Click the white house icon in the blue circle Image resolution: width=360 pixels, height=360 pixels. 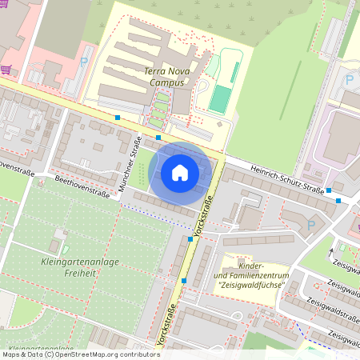(180, 171)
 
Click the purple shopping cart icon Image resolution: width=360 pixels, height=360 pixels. (6, 69)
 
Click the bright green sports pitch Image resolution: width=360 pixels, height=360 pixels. (220, 98)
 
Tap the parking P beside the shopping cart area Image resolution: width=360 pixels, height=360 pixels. (84, 61)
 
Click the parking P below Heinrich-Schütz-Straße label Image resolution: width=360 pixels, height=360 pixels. (311, 226)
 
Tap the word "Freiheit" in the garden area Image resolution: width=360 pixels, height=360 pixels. (79, 273)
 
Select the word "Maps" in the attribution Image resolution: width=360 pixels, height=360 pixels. (12, 354)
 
